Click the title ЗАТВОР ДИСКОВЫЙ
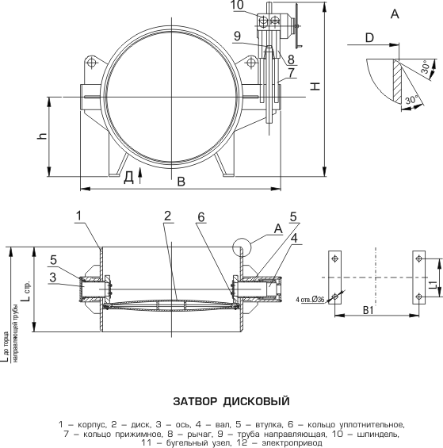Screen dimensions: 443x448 coord(231,401)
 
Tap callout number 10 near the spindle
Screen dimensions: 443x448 coord(237,5)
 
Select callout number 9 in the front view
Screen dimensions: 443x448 coord(238,36)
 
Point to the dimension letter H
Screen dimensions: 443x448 coord(315,86)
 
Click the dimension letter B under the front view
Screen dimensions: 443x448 coord(181,182)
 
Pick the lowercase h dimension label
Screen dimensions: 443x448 coord(42,136)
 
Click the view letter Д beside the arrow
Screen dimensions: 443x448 coord(129,178)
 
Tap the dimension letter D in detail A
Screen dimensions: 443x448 coord(369,37)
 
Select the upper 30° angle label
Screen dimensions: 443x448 coord(426,67)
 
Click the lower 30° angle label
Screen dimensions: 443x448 coord(412,100)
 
